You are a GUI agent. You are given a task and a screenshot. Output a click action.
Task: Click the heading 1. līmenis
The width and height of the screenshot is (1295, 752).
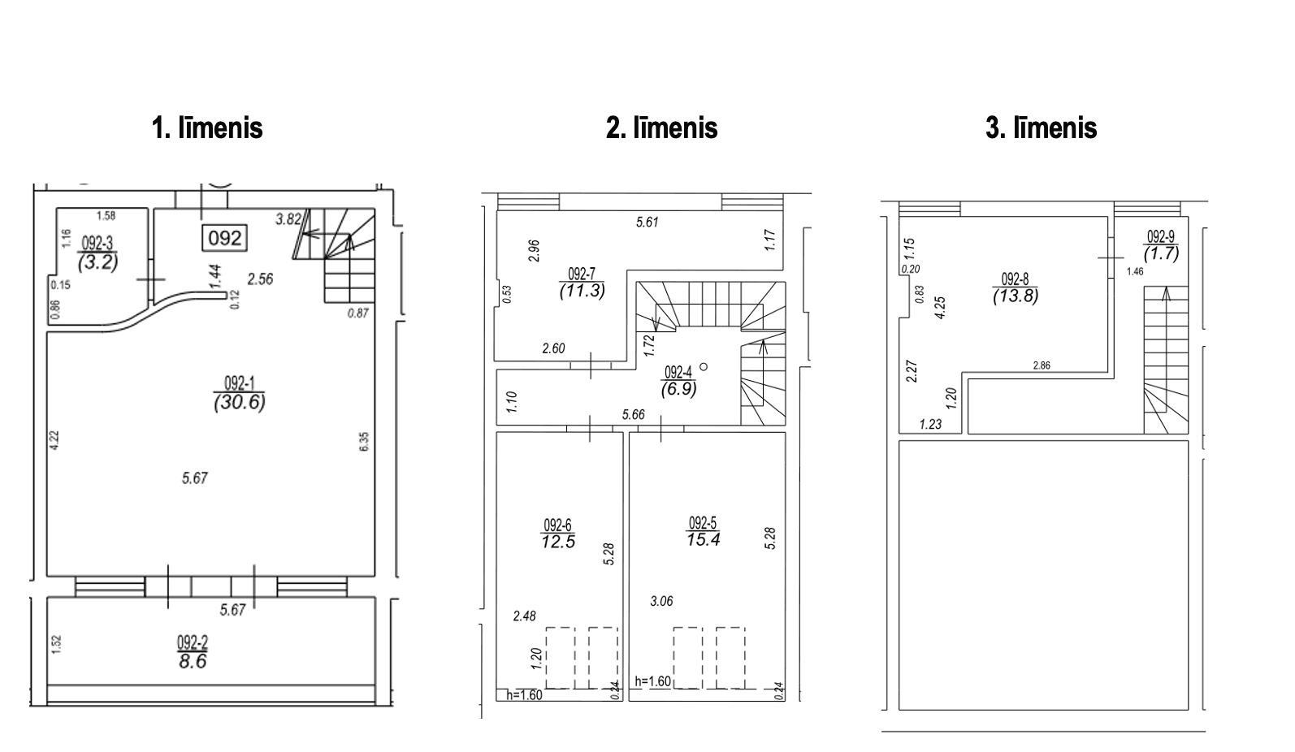pos(207,127)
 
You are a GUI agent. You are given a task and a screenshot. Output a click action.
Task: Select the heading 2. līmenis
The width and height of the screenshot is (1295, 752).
pos(662,127)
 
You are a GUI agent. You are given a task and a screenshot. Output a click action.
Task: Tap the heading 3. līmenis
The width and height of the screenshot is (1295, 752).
pos(1042,127)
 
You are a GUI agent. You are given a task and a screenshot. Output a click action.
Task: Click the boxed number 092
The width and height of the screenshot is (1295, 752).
pos(224,238)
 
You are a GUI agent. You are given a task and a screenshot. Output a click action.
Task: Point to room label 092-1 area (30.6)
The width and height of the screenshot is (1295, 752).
pos(240,393)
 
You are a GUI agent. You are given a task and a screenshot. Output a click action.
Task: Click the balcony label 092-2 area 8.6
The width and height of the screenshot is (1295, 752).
pos(193,652)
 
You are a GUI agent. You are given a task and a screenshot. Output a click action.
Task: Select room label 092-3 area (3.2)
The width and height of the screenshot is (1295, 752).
pos(97,253)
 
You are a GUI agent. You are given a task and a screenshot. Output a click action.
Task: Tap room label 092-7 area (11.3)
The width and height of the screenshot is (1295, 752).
pos(582,283)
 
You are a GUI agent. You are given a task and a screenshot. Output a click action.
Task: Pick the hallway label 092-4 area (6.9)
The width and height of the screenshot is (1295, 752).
pos(678,381)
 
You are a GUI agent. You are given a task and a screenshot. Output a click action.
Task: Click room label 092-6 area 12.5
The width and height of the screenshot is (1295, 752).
pos(558,534)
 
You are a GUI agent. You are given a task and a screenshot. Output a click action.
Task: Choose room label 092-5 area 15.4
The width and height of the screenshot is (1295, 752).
pos(703,531)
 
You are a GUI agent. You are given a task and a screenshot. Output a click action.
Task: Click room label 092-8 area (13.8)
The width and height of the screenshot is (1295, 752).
pos(1016,287)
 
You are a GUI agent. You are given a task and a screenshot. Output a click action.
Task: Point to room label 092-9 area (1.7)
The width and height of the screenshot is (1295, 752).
pos(1161,245)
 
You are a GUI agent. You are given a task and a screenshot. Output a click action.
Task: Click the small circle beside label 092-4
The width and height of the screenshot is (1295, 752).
pos(704,366)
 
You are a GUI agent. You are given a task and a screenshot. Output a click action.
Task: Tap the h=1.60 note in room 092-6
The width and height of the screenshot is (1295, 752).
pos(524,695)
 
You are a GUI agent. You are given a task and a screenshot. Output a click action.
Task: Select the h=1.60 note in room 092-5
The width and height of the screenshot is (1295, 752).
pos(652,681)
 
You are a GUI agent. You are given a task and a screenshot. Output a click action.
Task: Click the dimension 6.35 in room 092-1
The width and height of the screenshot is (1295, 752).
pos(364,441)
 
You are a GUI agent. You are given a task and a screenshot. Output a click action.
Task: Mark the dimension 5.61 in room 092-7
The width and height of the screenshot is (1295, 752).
pos(647,222)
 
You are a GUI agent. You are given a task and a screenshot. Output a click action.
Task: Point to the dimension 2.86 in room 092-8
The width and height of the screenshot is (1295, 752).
pos(1042,365)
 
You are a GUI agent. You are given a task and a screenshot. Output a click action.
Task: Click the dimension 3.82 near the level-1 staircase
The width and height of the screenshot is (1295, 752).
pos(288,219)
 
